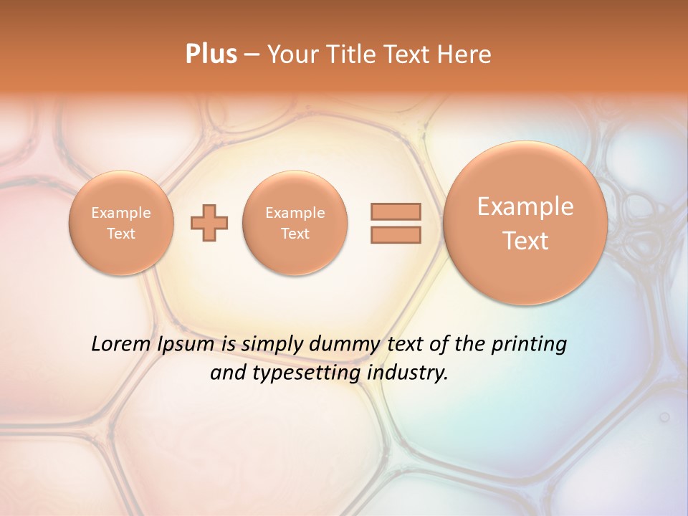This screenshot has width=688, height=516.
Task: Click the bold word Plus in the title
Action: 211,54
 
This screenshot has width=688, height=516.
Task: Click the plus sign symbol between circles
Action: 209,223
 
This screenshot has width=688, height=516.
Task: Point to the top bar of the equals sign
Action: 396,211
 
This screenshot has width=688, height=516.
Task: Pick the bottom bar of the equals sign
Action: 396,234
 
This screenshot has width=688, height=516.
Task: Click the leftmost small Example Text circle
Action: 121,223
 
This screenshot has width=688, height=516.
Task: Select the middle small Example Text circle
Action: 295,223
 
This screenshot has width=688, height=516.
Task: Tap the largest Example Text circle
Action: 525,223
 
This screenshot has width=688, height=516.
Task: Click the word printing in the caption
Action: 530,345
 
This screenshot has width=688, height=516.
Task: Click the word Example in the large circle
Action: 525,206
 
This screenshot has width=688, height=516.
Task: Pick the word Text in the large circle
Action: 525,241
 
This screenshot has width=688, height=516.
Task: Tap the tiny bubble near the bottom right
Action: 664,416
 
